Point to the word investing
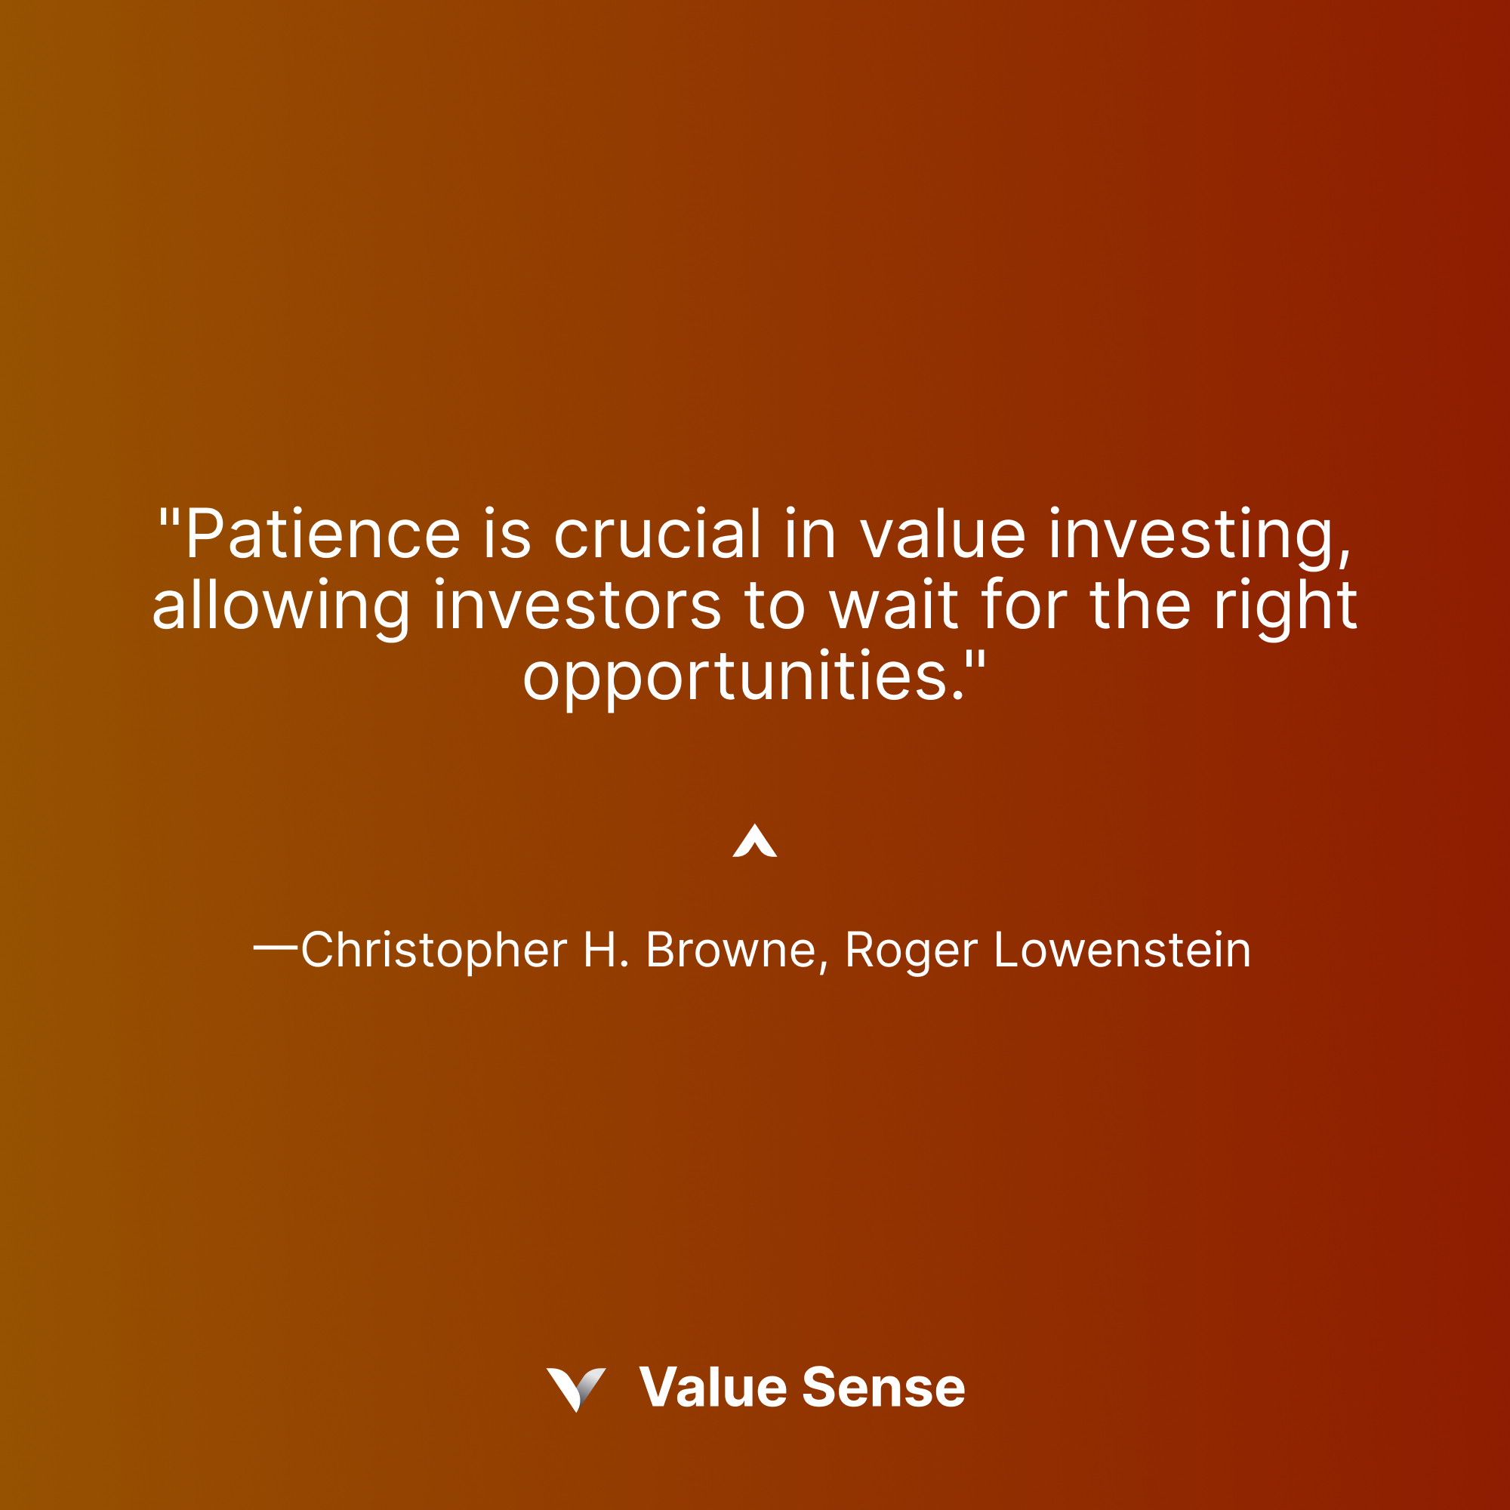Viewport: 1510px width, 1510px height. [x=1199, y=535]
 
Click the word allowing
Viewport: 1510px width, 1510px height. [x=281, y=606]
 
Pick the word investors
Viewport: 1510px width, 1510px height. [x=577, y=606]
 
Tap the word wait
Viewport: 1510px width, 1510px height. [x=893, y=606]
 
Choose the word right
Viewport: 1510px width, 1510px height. [x=1285, y=606]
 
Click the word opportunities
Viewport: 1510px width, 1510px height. [x=742, y=676]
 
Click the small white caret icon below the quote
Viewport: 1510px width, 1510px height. [x=754, y=841]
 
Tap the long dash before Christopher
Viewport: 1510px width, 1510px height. [x=276, y=948]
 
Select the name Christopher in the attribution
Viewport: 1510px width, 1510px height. [x=434, y=951]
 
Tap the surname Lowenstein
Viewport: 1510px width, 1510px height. [x=1123, y=951]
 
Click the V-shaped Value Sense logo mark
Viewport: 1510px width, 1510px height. [x=576, y=1387]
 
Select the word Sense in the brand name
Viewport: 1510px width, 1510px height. [x=883, y=1387]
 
